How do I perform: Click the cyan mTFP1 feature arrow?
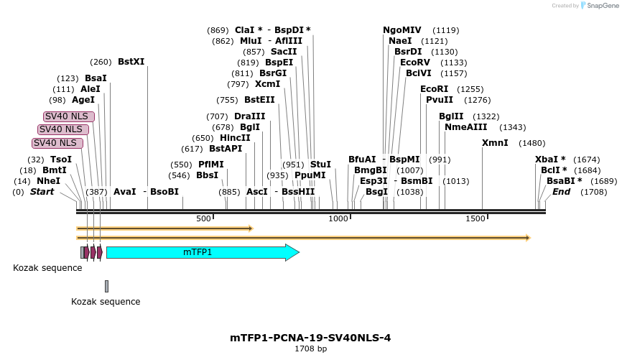click(x=201, y=252)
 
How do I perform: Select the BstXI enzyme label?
click(x=131, y=62)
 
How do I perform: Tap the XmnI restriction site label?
click(x=495, y=143)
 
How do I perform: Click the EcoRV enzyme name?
click(x=414, y=63)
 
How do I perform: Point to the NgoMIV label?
click(x=402, y=30)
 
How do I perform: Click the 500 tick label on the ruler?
click(x=203, y=218)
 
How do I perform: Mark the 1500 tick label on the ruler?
click(x=475, y=218)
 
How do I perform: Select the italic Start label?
click(x=42, y=192)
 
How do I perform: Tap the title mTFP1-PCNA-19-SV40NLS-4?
click(x=310, y=338)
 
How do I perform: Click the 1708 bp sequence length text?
click(x=310, y=349)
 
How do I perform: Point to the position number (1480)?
click(x=532, y=143)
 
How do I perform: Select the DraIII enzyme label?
click(x=250, y=116)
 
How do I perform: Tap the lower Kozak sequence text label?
click(x=106, y=302)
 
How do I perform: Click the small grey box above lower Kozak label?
click(x=106, y=286)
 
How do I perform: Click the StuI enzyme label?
click(x=320, y=165)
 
